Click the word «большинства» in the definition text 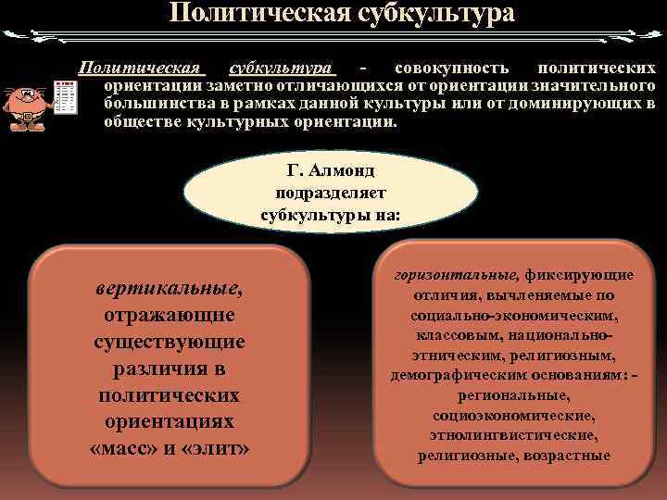[x=151, y=103]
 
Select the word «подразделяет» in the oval [x=331, y=193]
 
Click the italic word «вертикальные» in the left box [x=168, y=291]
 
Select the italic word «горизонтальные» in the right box [x=455, y=275]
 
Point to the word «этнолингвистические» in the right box [x=512, y=434]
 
